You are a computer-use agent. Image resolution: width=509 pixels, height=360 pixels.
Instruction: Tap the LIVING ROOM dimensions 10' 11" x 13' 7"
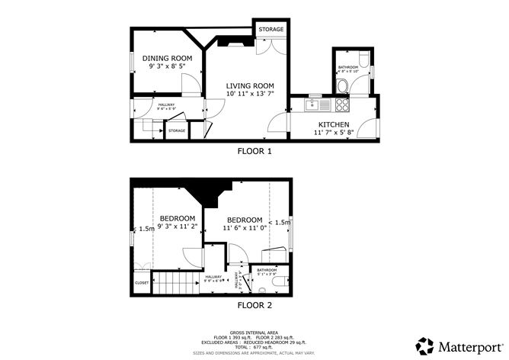[249, 93]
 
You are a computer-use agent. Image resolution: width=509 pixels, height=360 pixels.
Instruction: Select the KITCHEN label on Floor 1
[334, 124]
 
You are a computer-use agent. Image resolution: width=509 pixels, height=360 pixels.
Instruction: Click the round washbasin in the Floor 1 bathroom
[343, 85]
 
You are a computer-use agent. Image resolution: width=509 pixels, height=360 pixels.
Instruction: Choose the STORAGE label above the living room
[271, 30]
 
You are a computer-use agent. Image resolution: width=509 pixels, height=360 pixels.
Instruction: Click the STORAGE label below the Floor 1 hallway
[177, 131]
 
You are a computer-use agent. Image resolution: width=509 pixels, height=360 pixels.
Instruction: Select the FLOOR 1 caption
[254, 151]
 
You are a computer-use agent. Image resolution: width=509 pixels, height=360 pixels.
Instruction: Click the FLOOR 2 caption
[254, 305]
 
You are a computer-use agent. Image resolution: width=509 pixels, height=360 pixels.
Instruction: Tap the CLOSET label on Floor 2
[142, 282]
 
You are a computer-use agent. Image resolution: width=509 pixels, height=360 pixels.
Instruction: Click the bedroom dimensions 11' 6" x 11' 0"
[244, 227]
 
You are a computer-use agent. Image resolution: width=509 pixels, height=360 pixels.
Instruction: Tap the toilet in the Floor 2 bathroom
[283, 281]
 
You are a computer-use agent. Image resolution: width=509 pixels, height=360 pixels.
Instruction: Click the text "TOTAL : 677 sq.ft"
[254, 347]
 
